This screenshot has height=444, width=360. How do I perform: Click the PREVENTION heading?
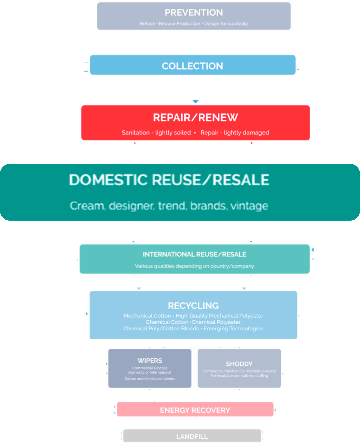point(194,13)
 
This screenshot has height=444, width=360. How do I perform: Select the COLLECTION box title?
point(192,66)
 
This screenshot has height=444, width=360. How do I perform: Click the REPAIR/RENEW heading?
point(195,118)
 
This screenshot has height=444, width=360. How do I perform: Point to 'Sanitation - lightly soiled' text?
point(156,133)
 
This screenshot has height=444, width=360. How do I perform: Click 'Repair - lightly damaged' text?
point(235,133)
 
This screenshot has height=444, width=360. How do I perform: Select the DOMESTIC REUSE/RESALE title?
point(169,180)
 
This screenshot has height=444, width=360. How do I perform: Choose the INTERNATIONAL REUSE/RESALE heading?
point(194,254)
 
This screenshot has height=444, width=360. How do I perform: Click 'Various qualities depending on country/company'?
point(194,266)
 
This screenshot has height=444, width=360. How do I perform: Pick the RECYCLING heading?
point(193,306)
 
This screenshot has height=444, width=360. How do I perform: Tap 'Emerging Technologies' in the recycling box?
point(233,329)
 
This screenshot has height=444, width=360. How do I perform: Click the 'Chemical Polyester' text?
point(216,322)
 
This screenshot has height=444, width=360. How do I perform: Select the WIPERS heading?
point(150,361)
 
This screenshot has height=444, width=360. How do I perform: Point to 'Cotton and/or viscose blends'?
point(150,379)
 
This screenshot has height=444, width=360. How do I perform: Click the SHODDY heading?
point(239,364)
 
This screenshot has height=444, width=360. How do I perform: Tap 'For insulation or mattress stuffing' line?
point(239,376)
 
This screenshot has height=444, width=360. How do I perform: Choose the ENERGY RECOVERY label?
point(195,410)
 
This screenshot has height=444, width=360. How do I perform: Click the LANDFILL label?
point(192,437)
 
